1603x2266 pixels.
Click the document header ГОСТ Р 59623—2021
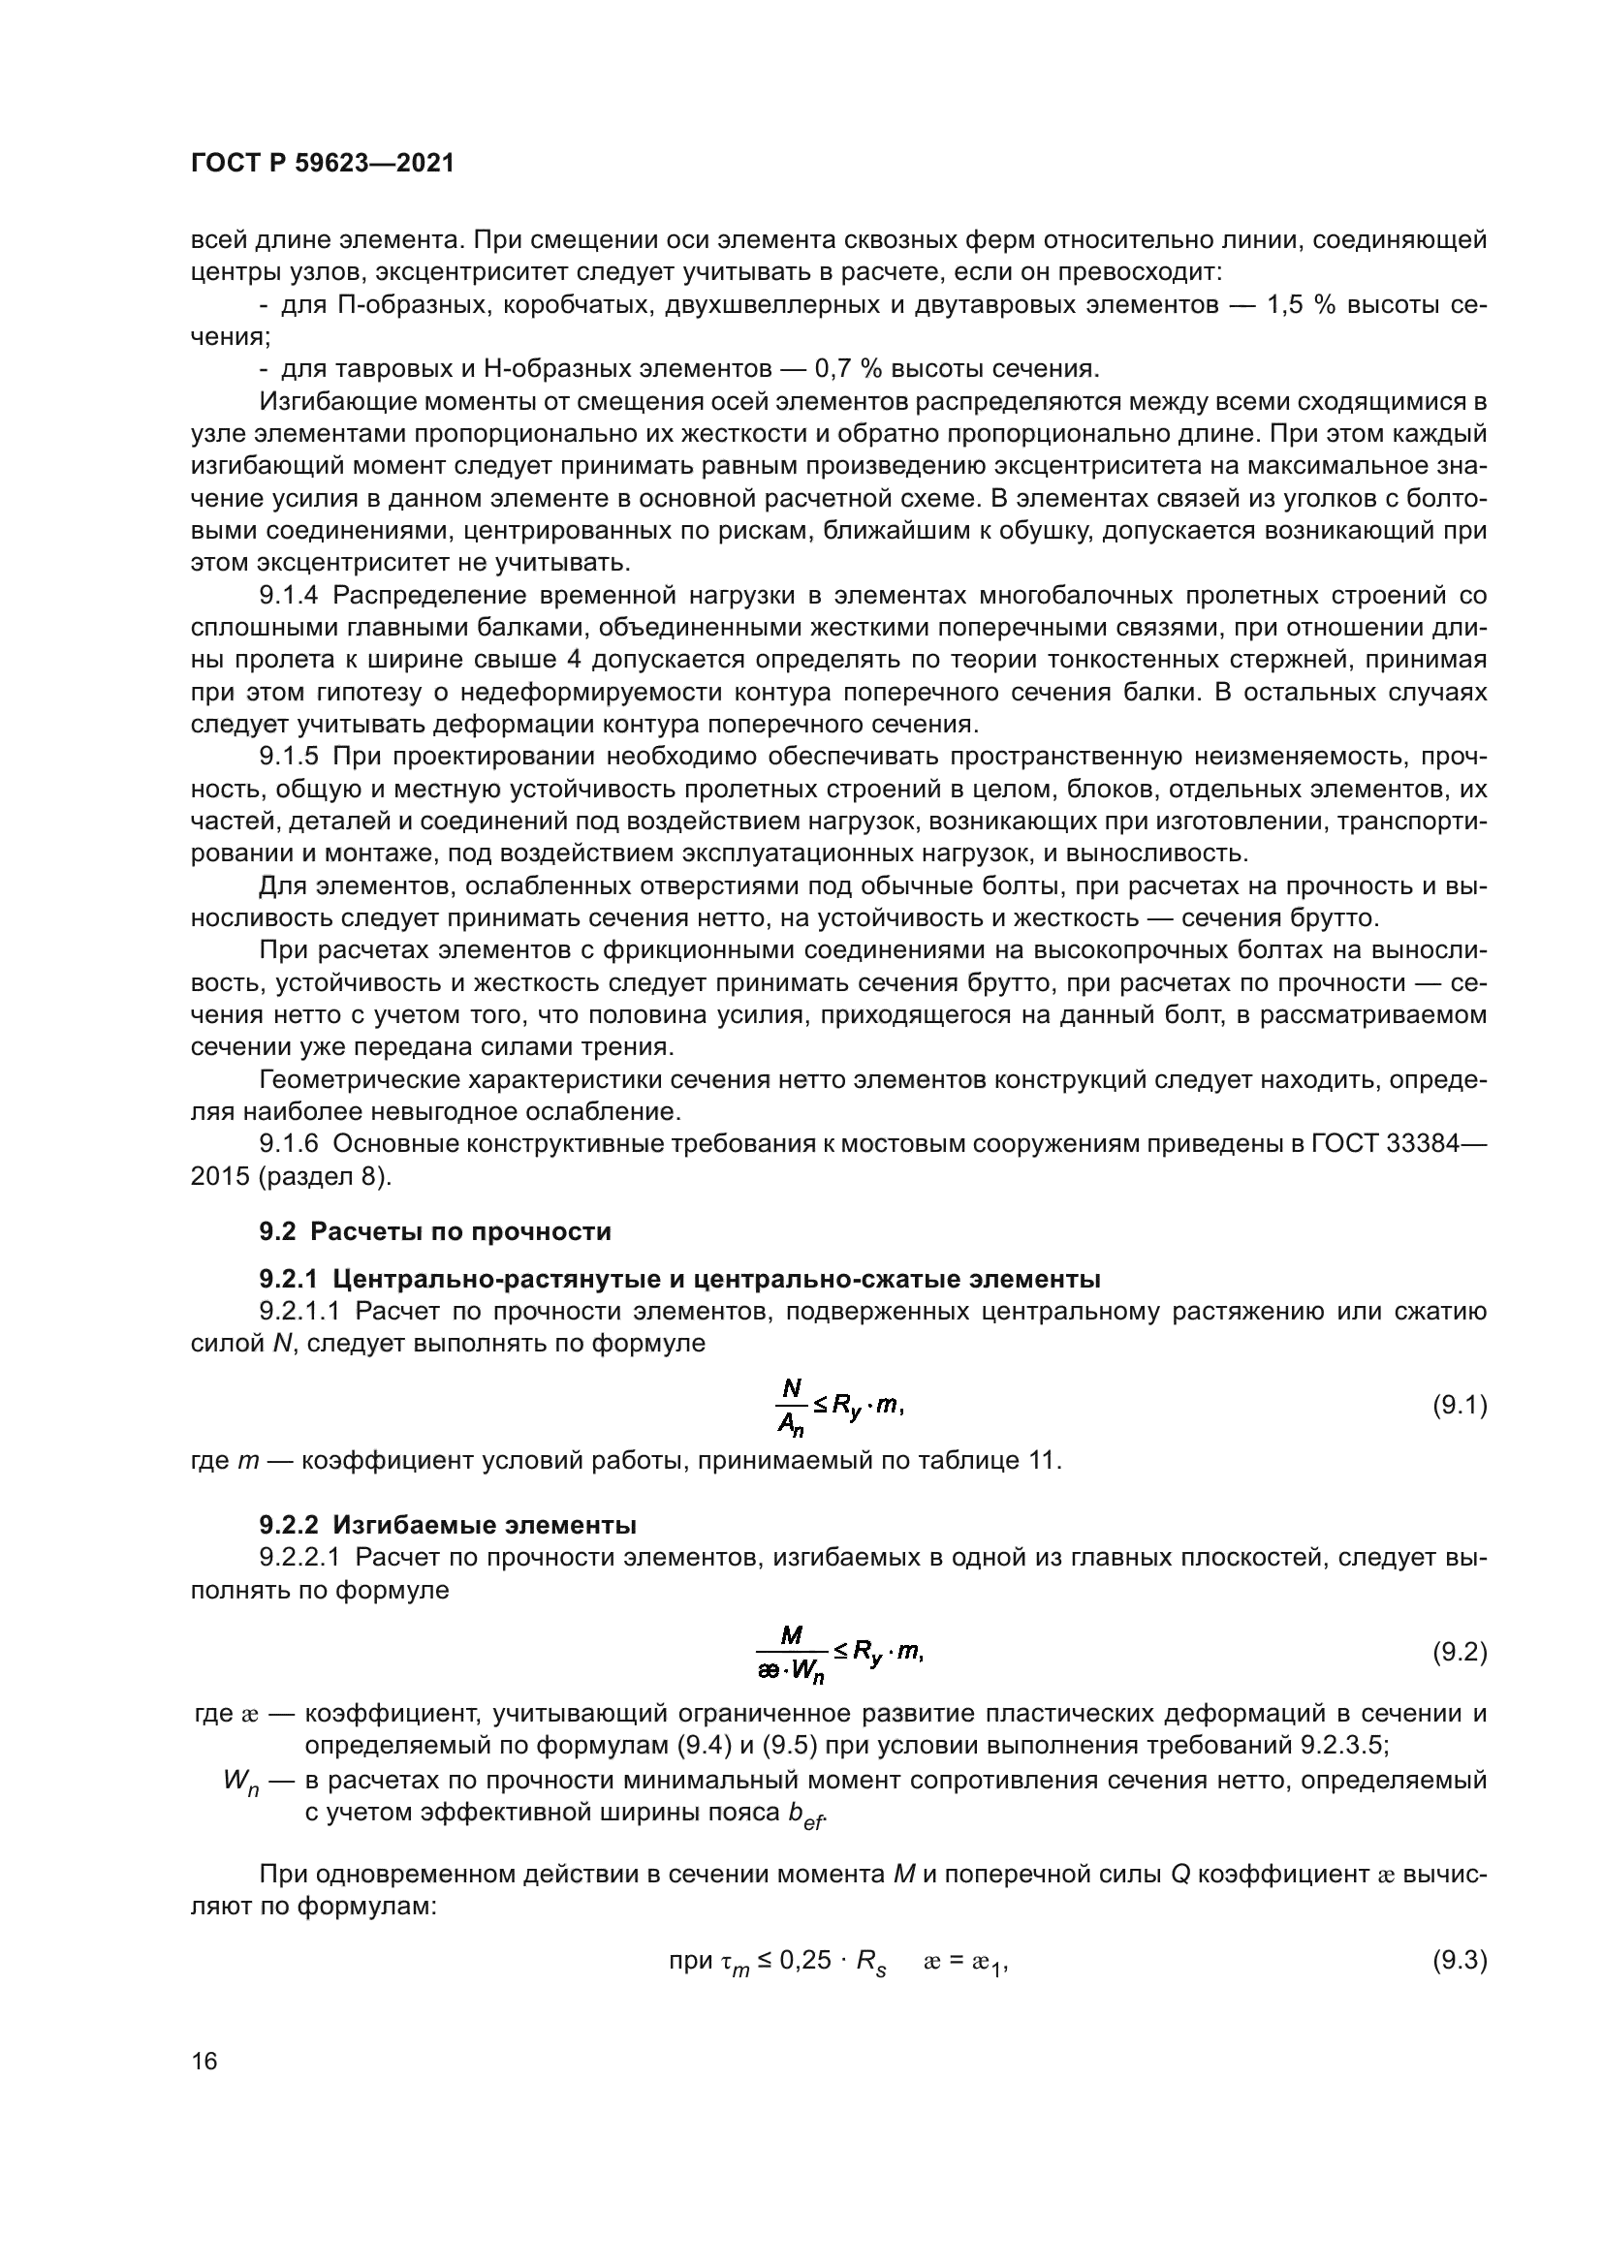pyautogui.click(x=322, y=164)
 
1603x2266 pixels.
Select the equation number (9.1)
pyautogui.click(x=1459, y=1406)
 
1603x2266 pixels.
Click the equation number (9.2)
pyautogui.click(x=1459, y=1651)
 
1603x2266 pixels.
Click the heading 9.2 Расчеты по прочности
pyautogui.click(x=435, y=1231)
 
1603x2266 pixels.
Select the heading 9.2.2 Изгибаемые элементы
pyautogui.click(x=447, y=1525)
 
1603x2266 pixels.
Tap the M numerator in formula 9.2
pyautogui.click(x=791, y=1635)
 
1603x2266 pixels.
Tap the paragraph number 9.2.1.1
pyautogui.click(x=299, y=1311)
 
